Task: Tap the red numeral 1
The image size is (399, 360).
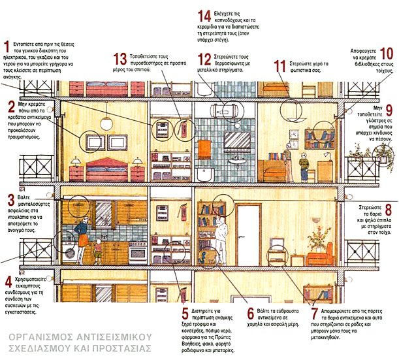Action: tap(6, 46)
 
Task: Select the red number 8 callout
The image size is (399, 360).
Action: tap(389, 210)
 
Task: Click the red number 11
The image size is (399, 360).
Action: tap(280, 66)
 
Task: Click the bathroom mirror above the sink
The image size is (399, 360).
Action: tap(234, 140)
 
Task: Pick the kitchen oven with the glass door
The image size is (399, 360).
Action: tap(138, 253)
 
